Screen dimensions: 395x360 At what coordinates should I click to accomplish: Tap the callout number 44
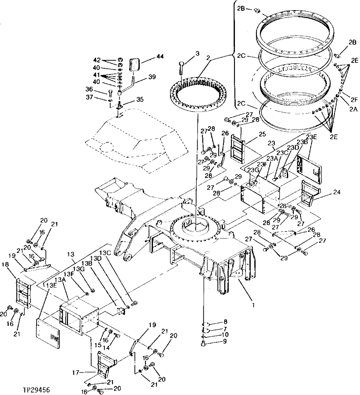(160, 57)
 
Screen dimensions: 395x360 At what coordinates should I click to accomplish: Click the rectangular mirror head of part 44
(136, 65)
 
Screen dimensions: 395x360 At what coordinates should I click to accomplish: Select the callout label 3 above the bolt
(197, 53)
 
